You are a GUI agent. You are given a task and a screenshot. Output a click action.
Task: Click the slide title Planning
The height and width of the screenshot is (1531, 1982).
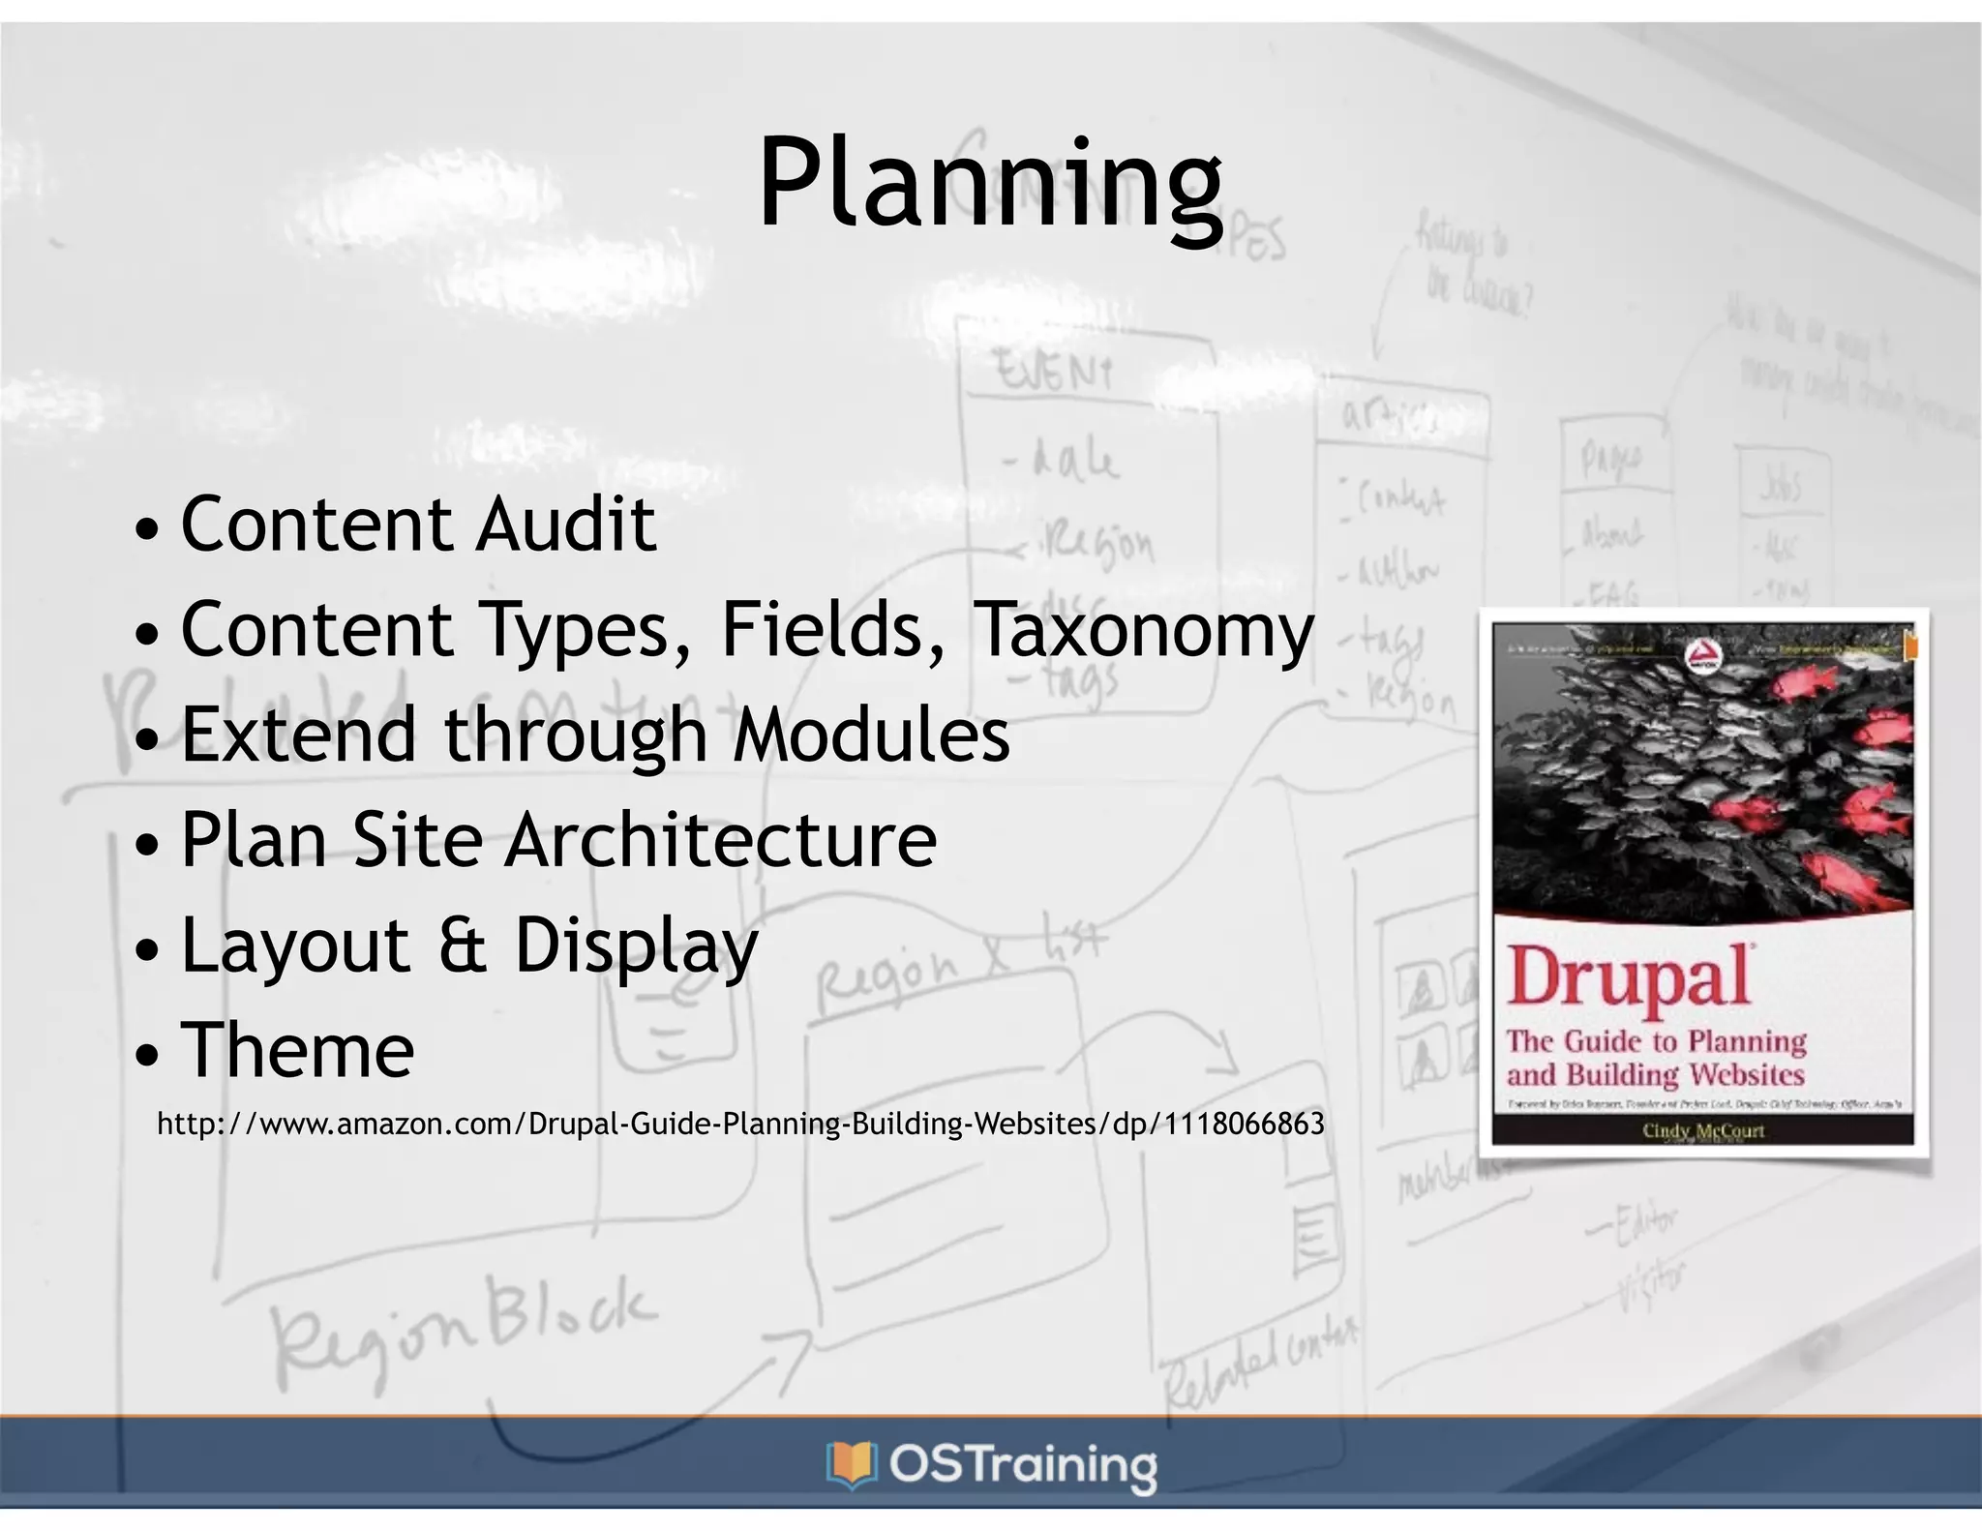(990, 184)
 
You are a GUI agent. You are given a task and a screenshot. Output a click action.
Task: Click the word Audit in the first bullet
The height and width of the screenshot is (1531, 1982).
(566, 525)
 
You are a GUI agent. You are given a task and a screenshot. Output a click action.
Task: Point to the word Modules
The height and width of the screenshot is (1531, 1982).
(871, 735)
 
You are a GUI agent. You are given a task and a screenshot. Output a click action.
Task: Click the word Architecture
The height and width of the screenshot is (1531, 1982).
(721, 840)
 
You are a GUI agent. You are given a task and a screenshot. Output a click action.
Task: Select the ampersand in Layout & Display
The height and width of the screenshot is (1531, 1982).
(463, 946)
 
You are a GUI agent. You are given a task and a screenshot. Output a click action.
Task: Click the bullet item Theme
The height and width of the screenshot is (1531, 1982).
(298, 1050)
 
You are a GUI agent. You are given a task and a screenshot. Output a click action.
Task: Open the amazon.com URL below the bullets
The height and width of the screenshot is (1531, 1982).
(740, 1124)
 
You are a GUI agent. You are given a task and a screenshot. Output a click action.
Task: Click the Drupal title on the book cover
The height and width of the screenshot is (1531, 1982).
(1630, 977)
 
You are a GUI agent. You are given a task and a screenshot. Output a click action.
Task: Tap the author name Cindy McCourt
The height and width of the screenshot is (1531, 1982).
(1703, 1130)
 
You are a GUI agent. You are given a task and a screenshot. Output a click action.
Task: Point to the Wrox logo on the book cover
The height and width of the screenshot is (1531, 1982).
(1702, 658)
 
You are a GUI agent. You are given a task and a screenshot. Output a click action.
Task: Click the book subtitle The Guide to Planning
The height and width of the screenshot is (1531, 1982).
(1656, 1041)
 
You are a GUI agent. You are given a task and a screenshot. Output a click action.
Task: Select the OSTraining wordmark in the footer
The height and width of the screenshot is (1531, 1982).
(1023, 1465)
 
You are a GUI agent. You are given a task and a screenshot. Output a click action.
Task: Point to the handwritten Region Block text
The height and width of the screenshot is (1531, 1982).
(463, 1326)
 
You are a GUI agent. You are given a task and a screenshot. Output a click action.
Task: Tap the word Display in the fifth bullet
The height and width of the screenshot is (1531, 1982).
(636, 946)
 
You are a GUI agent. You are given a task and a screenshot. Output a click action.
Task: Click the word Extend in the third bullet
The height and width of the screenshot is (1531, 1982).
(299, 735)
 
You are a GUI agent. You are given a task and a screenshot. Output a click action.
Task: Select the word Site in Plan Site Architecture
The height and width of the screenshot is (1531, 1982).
(417, 840)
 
